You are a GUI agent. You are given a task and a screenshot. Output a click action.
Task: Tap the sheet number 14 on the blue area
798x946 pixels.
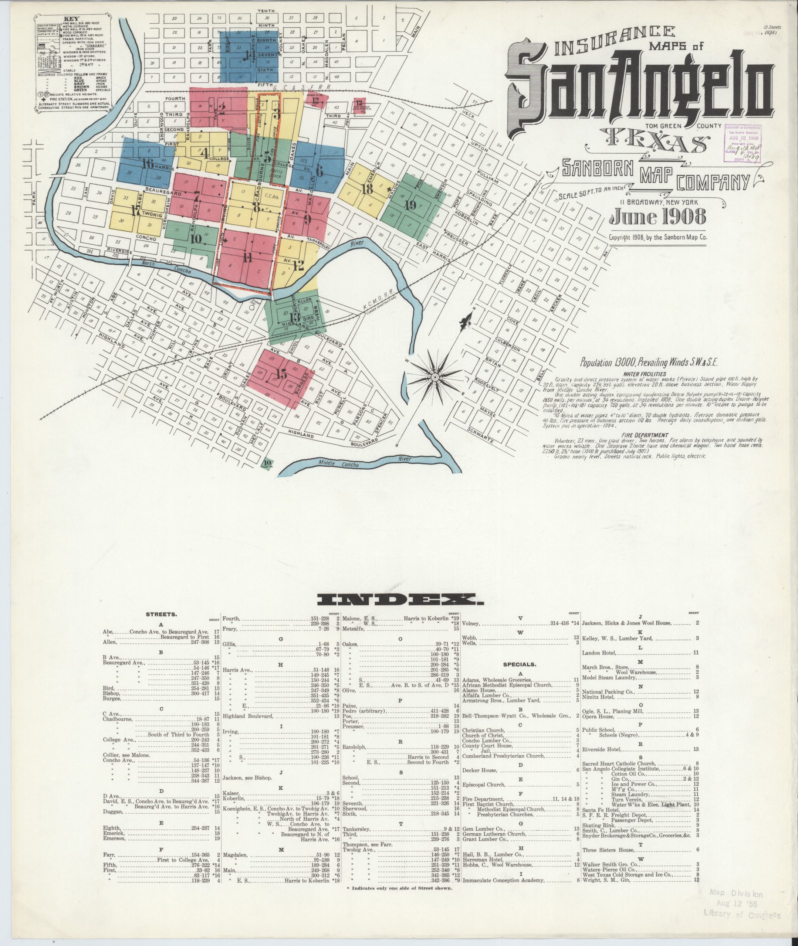pyautogui.click(x=249, y=55)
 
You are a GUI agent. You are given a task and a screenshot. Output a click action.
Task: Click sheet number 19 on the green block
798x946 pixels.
pyautogui.click(x=410, y=206)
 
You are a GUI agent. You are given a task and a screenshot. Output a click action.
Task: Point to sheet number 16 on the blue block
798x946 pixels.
pyautogui.click(x=148, y=164)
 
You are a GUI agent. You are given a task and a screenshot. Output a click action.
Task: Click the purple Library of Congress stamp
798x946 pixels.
pyautogui.click(x=743, y=140)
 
